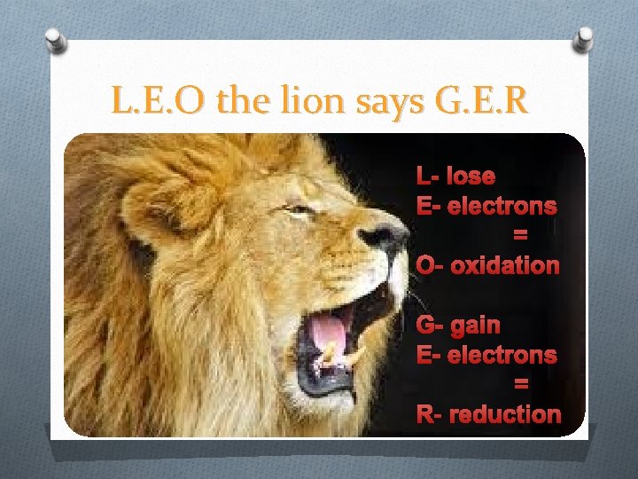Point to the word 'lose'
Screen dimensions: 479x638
[471, 176]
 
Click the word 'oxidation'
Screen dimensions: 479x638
[505, 265]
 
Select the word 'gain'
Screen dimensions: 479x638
[475, 326]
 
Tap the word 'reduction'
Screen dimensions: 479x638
[505, 414]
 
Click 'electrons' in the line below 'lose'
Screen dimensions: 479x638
[502, 206]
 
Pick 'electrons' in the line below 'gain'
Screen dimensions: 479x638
[502, 355]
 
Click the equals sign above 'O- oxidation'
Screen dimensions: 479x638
[520, 236]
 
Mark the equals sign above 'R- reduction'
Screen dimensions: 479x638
[521, 384]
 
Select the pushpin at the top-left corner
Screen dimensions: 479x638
[55, 41]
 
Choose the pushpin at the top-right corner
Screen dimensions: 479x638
[584, 38]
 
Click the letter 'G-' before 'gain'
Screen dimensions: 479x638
[431, 326]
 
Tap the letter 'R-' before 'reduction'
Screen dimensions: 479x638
[431, 414]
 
